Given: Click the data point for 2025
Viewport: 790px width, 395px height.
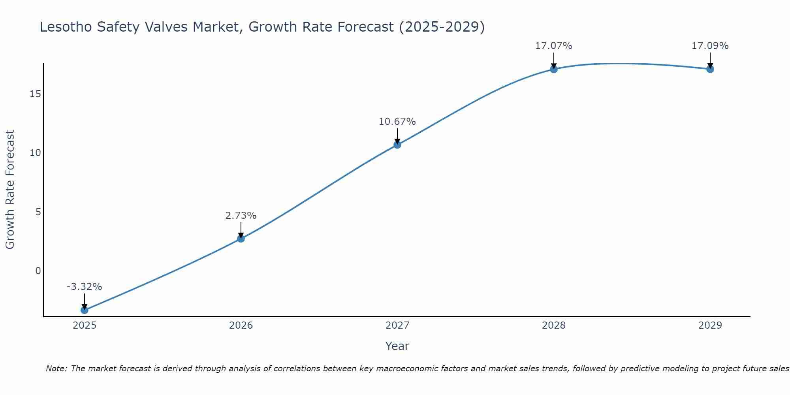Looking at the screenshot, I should click(84, 310).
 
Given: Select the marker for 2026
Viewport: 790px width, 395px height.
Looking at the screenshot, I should click(241, 239).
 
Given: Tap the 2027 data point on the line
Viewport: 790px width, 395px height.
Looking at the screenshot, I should click(397, 145).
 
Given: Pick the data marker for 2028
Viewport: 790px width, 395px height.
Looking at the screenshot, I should click(554, 69).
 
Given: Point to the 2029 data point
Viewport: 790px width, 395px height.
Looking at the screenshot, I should click(710, 69).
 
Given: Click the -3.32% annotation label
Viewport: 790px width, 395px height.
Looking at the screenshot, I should click(84, 287).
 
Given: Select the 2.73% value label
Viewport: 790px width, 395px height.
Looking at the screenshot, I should click(241, 216).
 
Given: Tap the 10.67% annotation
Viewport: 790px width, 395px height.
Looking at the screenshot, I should click(397, 122).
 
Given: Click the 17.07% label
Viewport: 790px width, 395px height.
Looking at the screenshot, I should click(554, 46).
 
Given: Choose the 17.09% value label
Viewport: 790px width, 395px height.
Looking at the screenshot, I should click(710, 46).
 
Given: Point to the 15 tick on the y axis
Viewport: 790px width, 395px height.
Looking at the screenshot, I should click(35, 94).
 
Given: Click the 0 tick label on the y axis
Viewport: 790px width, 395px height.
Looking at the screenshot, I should click(38, 271).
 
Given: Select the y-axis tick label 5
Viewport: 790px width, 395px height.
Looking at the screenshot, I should click(38, 212).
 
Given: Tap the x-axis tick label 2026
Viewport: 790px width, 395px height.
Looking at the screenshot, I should click(241, 325).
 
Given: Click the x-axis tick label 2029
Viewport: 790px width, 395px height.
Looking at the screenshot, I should click(710, 325).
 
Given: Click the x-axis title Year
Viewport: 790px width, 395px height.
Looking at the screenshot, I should click(397, 346).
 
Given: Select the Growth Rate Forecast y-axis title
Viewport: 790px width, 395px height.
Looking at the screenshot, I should click(10, 190).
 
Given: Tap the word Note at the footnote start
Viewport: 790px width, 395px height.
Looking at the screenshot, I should click(56, 369).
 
